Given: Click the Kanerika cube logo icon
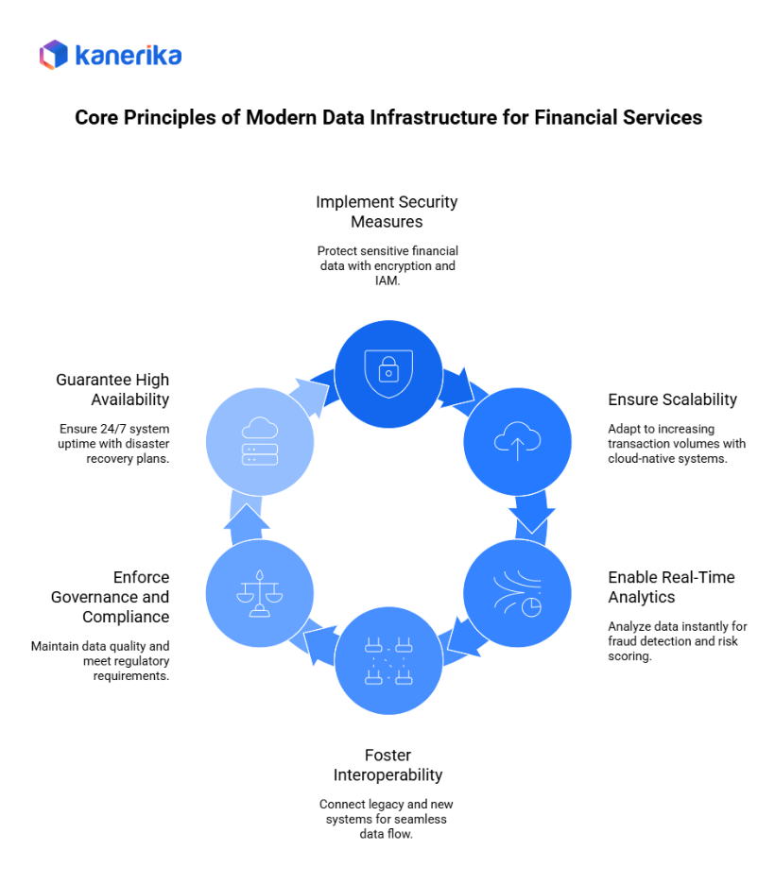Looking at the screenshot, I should [54, 55].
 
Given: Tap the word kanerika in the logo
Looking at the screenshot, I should [128, 56].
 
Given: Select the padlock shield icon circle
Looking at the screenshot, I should [388, 373].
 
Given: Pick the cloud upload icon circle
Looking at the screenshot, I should [517, 441].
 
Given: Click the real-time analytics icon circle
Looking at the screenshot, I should [517, 593].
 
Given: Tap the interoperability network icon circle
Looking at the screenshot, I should [388, 661].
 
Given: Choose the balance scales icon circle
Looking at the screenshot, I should [259, 593].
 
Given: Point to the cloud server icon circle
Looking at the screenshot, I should [259, 441].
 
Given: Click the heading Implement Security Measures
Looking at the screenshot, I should [387, 212].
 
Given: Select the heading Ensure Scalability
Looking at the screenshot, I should [672, 399].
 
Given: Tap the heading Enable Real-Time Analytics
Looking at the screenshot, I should [671, 587].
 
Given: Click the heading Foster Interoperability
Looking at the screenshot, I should [387, 765].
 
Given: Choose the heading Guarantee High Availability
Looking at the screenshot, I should [112, 389].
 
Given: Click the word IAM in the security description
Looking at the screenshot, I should [387, 280].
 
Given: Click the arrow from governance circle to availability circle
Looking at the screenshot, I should [248, 519].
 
